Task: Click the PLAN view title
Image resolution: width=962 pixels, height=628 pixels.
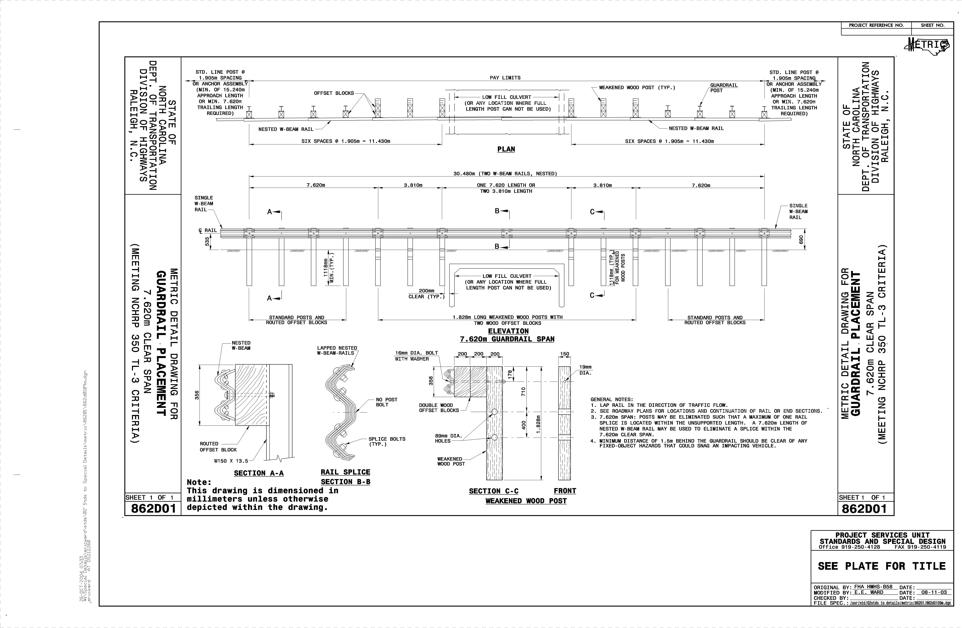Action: (x=506, y=149)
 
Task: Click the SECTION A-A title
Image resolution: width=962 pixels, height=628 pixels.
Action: (x=259, y=473)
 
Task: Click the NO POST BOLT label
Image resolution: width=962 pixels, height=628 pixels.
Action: (x=386, y=402)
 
